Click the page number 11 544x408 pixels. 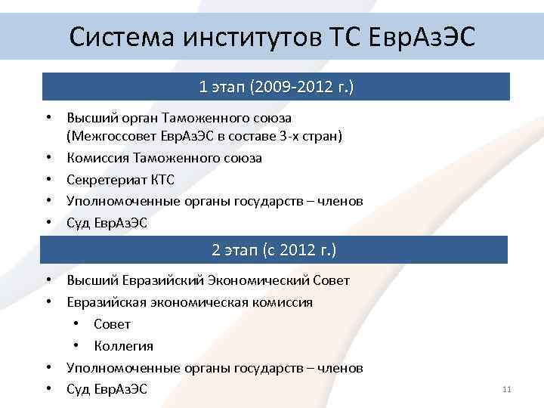tap(506, 389)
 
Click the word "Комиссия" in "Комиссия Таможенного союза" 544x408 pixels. tap(97, 158)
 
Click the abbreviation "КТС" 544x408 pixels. tap(162, 179)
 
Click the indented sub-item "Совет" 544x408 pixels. tap(113, 324)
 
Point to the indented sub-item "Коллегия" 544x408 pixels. tap(123, 346)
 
